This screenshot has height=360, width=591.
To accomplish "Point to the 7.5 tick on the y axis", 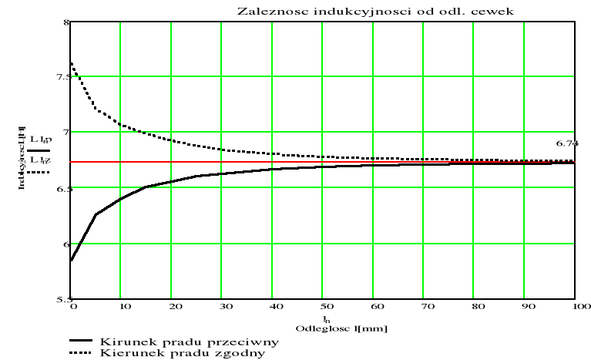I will [x=61, y=77].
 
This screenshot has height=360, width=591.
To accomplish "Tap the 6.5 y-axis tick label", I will [x=61, y=189].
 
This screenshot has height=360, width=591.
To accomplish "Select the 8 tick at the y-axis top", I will [x=65, y=22].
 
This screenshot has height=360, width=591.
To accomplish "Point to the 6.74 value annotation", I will [x=566, y=144].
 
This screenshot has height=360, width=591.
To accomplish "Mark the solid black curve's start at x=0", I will [x=71, y=261].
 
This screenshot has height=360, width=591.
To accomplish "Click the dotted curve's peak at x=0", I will [x=71, y=63].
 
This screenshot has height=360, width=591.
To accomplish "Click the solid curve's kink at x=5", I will [x=96, y=214].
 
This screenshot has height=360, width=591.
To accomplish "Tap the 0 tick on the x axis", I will [x=72, y=306].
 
